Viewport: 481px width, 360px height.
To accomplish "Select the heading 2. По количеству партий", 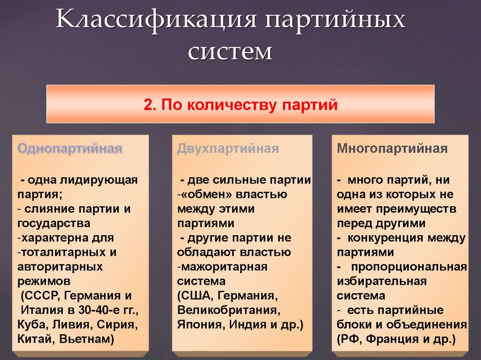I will [240, 104].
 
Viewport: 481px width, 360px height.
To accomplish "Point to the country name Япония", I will [197, 325].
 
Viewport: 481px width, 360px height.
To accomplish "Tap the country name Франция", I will [391, 339].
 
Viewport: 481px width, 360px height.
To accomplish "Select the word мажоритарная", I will [224, 267].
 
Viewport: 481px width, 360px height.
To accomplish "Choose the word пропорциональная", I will [409, 267].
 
